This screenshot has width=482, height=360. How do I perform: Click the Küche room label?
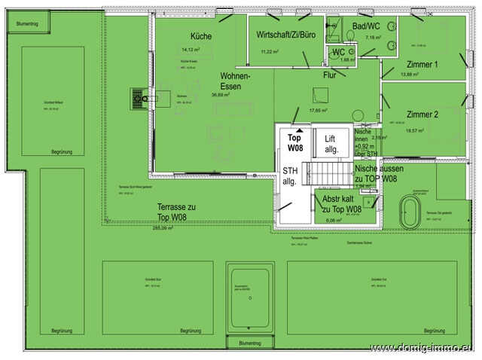(x=201, y=36)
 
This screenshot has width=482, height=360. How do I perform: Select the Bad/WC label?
(x=366, y=26)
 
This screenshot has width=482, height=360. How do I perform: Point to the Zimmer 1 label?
(x=422, y=65)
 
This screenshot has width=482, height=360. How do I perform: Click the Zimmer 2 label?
(x=422, y=114)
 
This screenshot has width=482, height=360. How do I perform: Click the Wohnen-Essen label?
(x=235, y=81)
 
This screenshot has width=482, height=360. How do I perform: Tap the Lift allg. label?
(x=331, y=144)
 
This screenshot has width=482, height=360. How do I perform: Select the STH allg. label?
(x=290, y=176)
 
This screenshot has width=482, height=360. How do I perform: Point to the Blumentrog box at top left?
(x=29, y=23)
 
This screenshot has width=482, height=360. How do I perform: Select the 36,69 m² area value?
(x=222, y=96)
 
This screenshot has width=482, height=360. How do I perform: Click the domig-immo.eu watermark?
(x=423, y=347)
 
